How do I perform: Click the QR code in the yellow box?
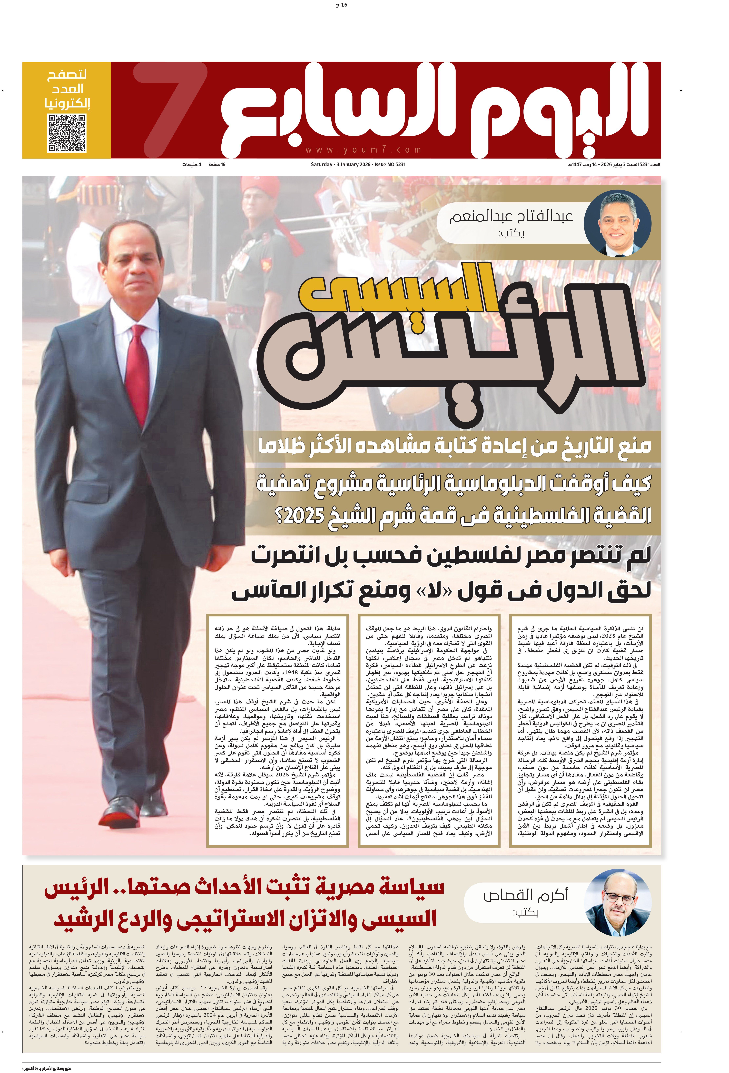(x=67, y=133)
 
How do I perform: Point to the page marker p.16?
(x=342, y=5)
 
